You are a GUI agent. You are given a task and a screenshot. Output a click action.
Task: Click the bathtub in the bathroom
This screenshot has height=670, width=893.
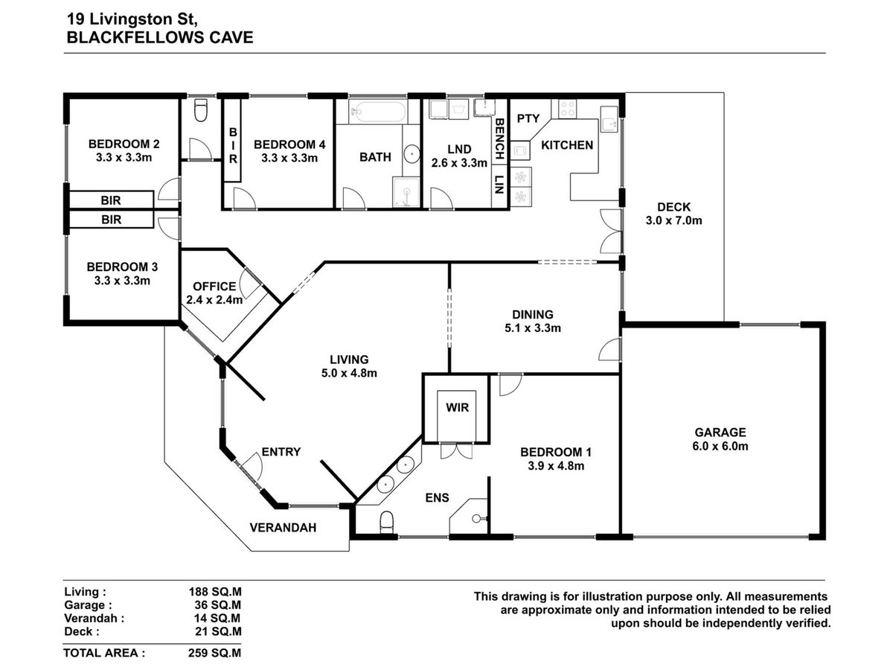[x=377, y=111]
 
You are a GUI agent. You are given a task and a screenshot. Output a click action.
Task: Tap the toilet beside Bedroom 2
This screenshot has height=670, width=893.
[x=201, y=110]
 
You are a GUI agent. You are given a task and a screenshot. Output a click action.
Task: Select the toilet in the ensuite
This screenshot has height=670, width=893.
[x=386, y=523]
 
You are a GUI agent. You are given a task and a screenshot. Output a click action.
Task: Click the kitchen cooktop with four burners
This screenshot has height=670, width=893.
[x=567, y=109]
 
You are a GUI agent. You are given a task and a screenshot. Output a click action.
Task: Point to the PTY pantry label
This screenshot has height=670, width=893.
[x=528, y=118]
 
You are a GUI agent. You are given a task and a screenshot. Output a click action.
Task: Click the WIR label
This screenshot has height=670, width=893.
[x=457, y=408]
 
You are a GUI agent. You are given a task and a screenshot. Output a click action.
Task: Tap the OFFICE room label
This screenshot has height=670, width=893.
[x=214, y=286]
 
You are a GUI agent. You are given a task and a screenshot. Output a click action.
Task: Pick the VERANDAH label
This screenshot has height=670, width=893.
[x=283, y=528]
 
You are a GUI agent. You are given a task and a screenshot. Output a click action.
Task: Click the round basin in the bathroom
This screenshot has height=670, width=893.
[x=412, y=154]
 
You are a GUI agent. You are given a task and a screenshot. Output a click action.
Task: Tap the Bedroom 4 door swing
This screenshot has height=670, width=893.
[x=245, y=199]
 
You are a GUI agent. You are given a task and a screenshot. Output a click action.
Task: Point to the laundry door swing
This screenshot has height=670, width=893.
[x=441, y=199]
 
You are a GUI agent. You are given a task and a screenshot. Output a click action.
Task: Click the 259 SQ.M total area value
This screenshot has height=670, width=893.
[x=214, y=653]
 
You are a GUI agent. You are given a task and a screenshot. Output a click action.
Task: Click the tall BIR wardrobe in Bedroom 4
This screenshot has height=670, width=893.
[x=233, y=141]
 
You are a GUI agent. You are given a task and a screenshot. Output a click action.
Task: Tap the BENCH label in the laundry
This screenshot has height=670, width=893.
[x=499, y=138]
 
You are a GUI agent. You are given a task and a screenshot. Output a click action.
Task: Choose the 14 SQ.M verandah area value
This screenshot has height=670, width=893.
[x=217, y=619]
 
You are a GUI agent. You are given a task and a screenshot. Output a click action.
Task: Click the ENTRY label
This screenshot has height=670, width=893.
[x=281, y=452]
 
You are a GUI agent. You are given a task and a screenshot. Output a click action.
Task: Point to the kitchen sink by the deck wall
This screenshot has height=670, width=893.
[x=609, y=119]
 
